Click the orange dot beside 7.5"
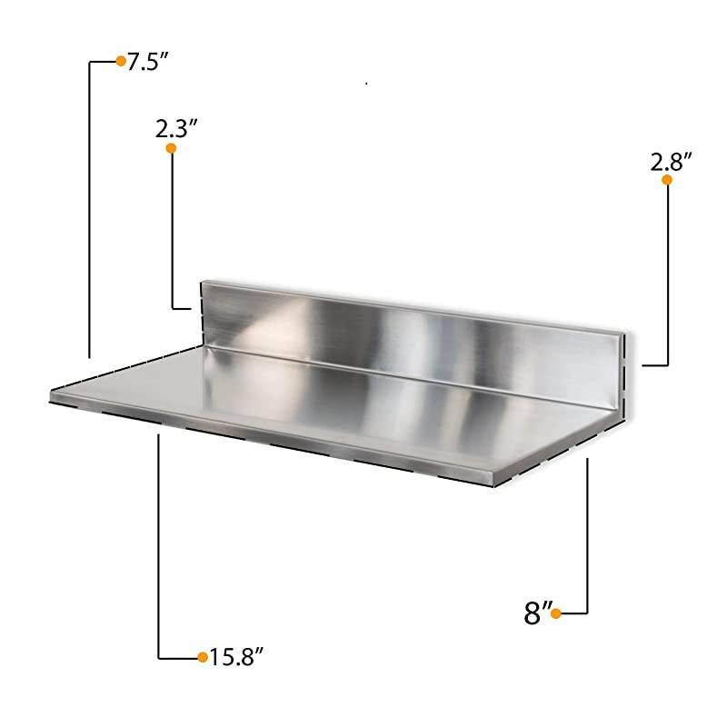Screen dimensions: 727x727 pyautogui.click(x=120, y=61)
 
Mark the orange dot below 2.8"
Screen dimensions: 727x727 pyautogui.click(x=666, y=180)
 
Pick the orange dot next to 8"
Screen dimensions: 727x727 pyautogui.click(x=555, y=614)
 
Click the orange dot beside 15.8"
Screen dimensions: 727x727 pyautogui.click(x=202, y=656)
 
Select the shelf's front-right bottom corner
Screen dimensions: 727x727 pyautogui.click(x=494, y=483)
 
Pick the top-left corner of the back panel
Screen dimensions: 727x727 pyautogui.click(x=201, y=281)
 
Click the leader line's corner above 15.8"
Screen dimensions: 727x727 pyautogui.click(x=159, y=656)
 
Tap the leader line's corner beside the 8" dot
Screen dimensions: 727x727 pyautogui.click(x=589, y=614)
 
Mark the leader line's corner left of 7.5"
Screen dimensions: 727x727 pyautogui.click(x=89, y=62)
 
